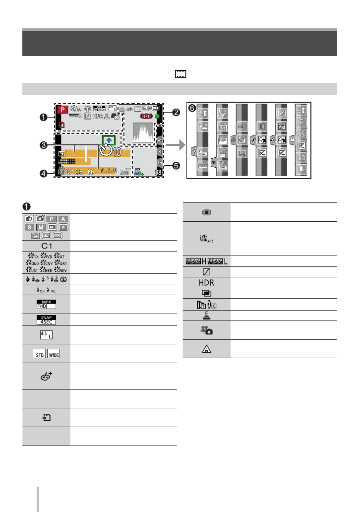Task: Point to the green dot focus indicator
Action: point(157,117)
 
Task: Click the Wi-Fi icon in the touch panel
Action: point(223,112)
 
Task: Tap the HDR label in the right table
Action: point(207,280)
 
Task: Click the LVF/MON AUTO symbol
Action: point(207,238)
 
